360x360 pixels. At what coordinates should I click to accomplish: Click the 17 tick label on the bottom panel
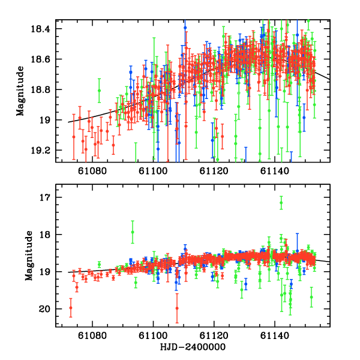pos(46,197)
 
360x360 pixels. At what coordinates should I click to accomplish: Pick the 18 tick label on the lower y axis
pos(46,235)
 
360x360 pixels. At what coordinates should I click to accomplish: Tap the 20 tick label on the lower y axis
pos(46,309)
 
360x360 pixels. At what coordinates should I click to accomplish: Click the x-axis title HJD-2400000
pos(193,347)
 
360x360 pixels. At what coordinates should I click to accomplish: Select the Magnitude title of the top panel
pos(21,90)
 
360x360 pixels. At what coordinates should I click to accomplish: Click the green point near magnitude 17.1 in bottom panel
pos(281,203)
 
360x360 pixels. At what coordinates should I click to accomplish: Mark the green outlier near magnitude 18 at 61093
pos(133,232)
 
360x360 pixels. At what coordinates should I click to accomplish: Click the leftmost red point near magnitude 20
pos(71,308)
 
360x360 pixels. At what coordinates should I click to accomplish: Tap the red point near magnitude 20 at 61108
pos(177,308)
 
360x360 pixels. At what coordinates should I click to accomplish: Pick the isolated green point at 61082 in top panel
pos(99,91)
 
